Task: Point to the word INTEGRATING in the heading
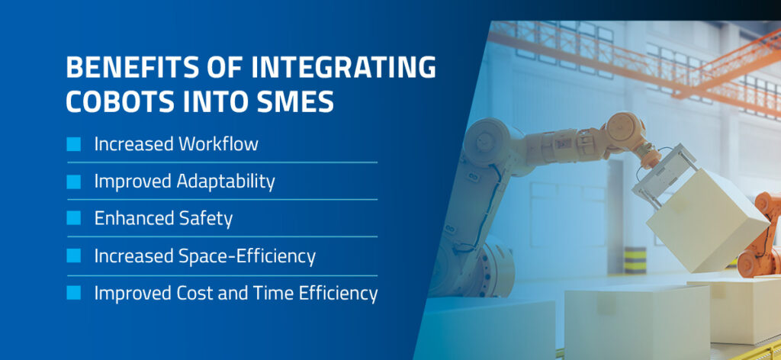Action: click(343, 67)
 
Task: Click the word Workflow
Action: click(218, 144)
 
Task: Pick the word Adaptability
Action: click(226, 182)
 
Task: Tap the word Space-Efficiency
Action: click(247, 256)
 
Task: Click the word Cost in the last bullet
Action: click(194, 294)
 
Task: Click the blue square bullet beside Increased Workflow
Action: click(74, 144)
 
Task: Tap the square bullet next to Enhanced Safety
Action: click(74, 218)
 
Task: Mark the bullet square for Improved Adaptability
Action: click(74, 182)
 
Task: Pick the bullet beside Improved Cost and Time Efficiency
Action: click(74, 293)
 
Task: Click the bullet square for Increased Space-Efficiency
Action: click(74, 256)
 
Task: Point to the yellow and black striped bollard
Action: click(635, 260)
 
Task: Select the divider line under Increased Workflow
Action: click(222, 162)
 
